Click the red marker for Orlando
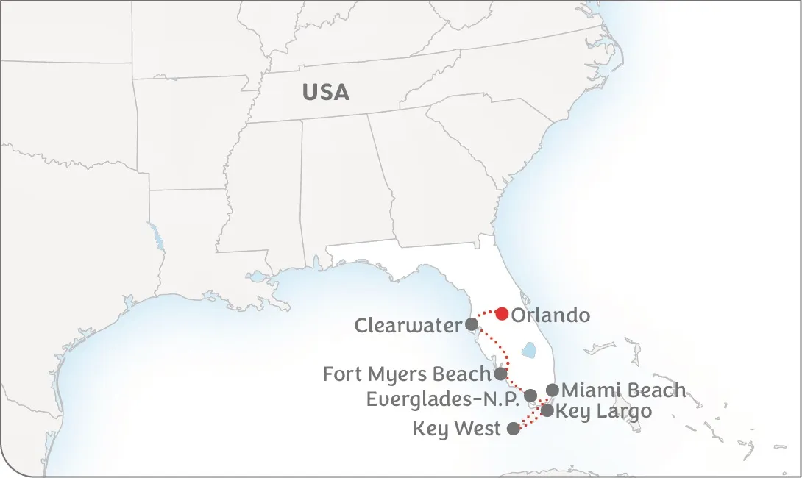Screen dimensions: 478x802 click(x=502, y=314)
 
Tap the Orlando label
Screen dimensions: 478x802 click(x=550, y=315)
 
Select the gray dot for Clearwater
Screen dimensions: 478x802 click(x=472, y=324)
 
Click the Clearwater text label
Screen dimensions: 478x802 click(x=408, y=325)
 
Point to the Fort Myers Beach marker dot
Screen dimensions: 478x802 click(x=500, y=374)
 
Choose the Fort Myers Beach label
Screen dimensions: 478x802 click(x=406, y=374)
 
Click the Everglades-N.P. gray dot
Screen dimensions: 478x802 click(x=530, y=396)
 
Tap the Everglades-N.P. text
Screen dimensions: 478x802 click(x=443, y=399)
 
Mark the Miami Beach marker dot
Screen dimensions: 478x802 click(x=553, y=390)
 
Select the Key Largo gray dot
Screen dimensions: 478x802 click(x=547, y=410)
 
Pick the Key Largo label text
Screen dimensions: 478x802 click(x=603, y=411)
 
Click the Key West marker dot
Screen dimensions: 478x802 click(x=514, y=429)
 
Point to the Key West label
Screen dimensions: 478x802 click(x=456, y=429)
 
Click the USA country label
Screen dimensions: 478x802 click(x=325, y=93)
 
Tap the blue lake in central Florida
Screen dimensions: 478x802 click(x=528, y=351)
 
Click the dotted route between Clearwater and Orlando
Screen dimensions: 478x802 click(x=483, y=313)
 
